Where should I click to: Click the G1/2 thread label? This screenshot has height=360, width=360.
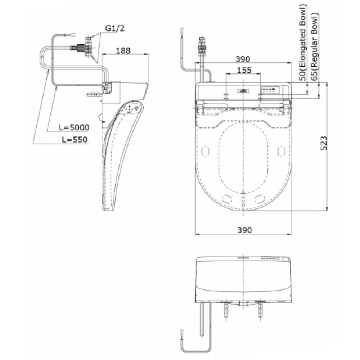(115, 28)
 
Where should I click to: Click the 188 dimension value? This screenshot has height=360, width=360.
(123, 50)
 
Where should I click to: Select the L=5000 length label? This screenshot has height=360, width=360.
(74, 127)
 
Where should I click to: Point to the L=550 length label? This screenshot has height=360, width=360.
(75, 140)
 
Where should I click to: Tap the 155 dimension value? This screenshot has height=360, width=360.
(244, 70)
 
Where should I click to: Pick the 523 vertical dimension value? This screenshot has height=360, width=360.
(324, 143)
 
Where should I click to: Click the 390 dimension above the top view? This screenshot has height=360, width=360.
(243, 59)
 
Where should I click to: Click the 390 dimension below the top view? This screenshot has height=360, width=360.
(244, 230)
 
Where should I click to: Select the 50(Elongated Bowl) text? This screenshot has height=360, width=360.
(303, 42)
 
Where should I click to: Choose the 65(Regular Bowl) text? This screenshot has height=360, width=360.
(314, 46)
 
